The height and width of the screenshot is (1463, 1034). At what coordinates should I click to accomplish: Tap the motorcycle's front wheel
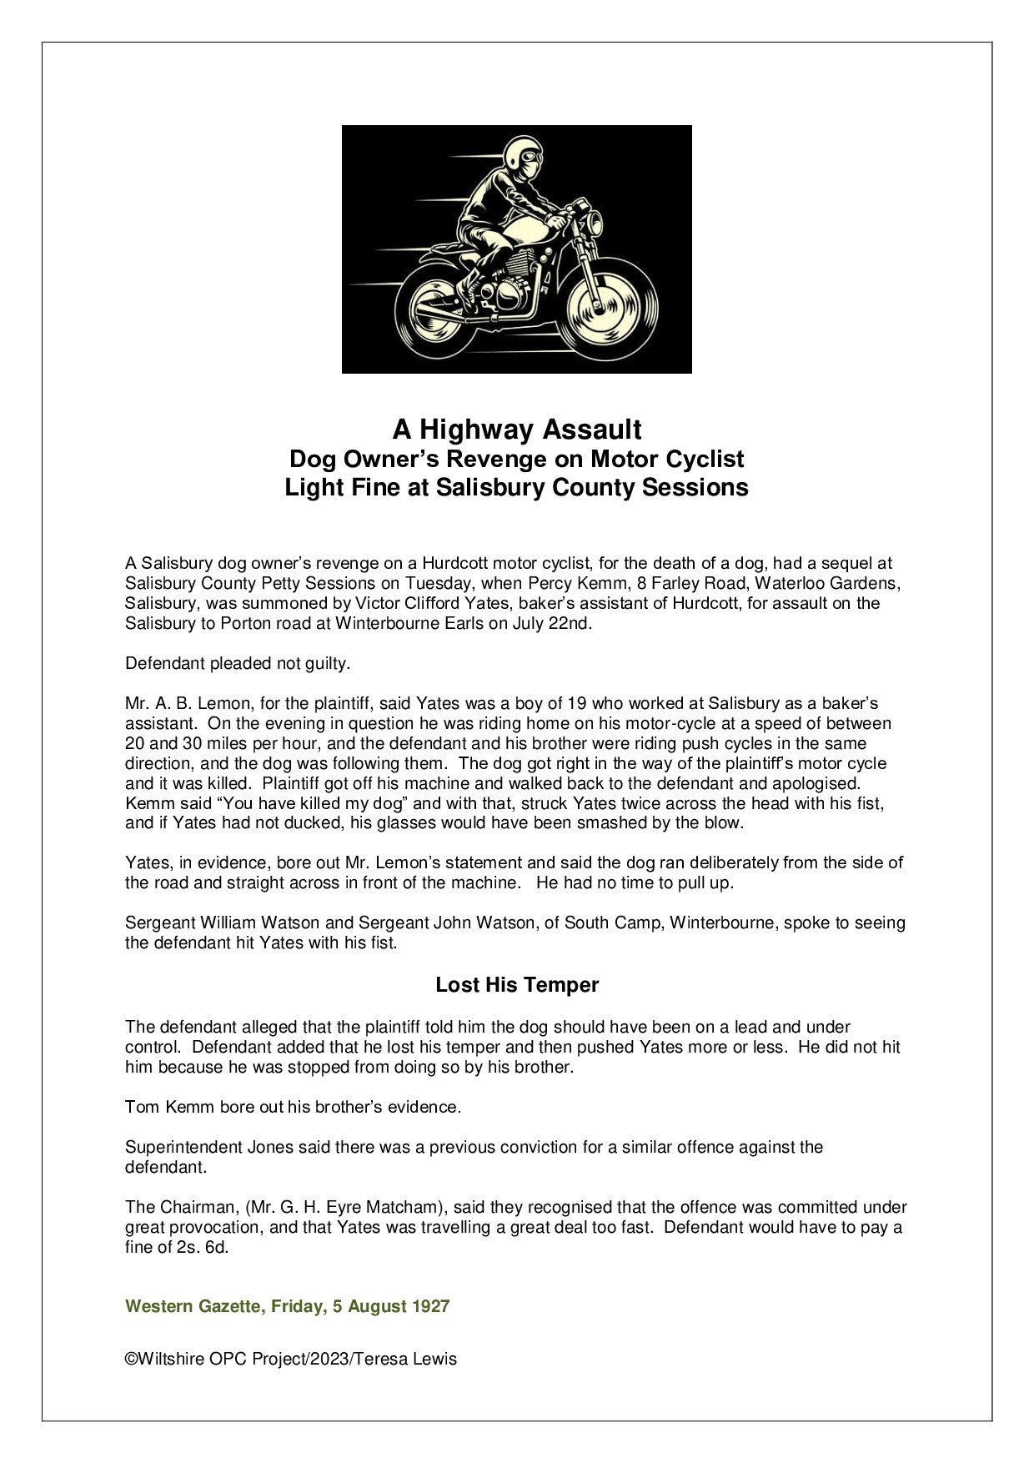[599, 307]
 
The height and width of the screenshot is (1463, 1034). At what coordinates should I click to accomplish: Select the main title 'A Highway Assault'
[517, 430]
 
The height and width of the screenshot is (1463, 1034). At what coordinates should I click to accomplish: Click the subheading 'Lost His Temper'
[517, 985]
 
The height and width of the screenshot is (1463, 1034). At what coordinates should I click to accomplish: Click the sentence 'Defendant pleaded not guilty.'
[238, 664]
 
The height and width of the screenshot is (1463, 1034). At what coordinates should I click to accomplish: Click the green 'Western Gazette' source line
[192, 1306]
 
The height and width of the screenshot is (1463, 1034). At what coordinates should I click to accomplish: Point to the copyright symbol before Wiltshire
[131, 1359]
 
